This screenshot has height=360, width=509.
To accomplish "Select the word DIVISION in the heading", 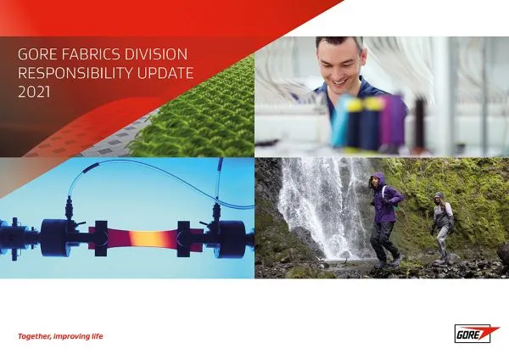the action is tap(156, 54).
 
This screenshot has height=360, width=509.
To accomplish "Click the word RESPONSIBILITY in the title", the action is tap(76, 73).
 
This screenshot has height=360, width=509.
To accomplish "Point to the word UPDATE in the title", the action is tap(165, 73).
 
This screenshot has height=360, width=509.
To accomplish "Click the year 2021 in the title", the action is tap(34, 92).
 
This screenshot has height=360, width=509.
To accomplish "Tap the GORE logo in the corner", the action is tap(476, 334).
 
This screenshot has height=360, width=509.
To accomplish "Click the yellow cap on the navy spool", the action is tap(354, 104).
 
